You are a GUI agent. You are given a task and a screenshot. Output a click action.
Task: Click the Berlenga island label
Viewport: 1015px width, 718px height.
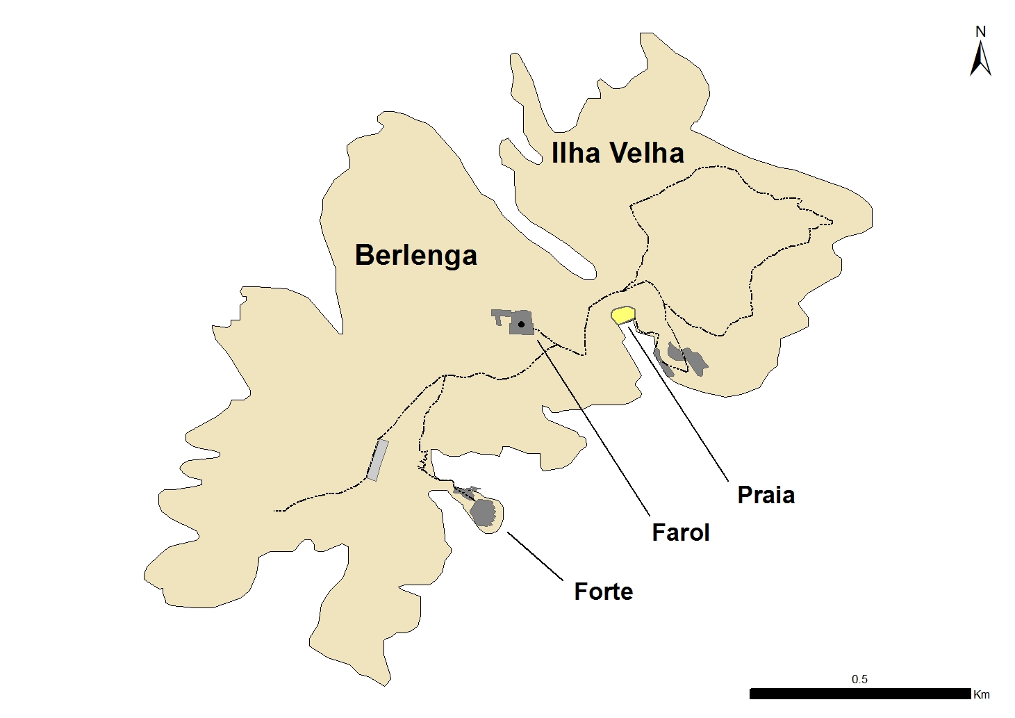click(x=415, y=255)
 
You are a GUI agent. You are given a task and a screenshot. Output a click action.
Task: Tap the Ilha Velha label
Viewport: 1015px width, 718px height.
click(x=617, y=153)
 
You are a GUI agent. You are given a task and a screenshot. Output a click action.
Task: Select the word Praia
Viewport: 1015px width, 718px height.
click(x=766, y=495)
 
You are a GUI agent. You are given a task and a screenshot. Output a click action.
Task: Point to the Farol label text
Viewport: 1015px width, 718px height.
click(x=680, y=532)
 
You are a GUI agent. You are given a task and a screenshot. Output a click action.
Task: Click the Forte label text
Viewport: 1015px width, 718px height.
click(x=603, y=591)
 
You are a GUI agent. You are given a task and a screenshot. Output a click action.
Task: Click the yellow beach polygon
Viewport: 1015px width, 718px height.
click(x=623, y=315)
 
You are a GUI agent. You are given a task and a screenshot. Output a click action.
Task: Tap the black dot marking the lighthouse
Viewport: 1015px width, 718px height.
click(x=521, y=324)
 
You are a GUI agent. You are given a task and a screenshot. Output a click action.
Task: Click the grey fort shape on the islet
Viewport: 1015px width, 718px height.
click(x=482, y=512)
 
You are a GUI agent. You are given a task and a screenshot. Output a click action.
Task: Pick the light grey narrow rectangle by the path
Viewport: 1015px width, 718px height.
click(x=377, y=460)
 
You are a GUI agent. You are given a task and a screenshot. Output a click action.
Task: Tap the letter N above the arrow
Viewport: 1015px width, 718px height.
click(x=980, y=31)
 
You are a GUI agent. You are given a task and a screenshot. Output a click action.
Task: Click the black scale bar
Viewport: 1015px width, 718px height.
click(x=859, y=694)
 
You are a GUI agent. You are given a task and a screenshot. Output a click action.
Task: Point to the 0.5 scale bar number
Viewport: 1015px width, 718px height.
click(x=859, y=679)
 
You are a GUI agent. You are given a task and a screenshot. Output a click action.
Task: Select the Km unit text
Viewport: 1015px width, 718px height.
click(x=982, y=694)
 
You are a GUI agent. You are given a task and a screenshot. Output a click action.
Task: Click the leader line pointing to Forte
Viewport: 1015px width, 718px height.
click(x=535, y=556)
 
